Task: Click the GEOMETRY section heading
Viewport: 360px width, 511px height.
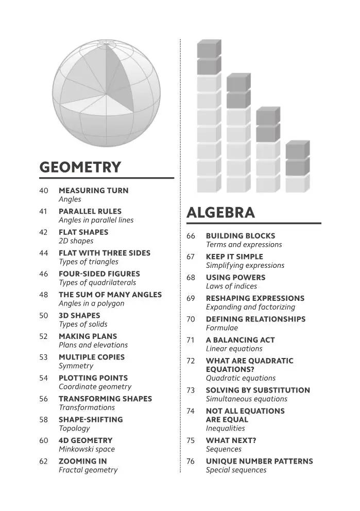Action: click(80, 167)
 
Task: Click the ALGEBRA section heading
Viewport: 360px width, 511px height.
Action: click(220, 213)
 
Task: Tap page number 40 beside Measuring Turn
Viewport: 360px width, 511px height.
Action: click(44, 191)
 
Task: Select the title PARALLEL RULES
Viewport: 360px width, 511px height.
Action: click(90, 211)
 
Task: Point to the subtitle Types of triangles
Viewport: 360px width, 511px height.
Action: click(89, 262)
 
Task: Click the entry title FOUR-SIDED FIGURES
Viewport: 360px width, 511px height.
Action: click(99, 274)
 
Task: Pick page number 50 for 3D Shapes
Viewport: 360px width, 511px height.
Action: click(44, 315)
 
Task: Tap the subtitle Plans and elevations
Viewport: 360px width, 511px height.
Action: click(93, 345)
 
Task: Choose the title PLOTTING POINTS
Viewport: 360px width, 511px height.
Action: click(93, 378)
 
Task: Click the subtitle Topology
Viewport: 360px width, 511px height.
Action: click(74, 428)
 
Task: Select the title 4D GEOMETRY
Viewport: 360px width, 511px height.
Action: click(85, 440)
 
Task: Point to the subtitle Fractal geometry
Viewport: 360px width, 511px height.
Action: click(88, 470)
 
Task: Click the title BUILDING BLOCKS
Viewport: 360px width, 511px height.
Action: click(241, 236)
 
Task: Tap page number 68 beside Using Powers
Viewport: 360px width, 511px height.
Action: click(191, 278)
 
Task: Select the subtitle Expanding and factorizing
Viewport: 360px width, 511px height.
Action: click(251, 307)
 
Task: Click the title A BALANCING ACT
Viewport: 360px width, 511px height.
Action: click(241, 340)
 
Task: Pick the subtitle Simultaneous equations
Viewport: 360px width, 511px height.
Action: click(247, 399)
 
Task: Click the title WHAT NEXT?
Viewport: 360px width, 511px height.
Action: click(231, 440)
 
